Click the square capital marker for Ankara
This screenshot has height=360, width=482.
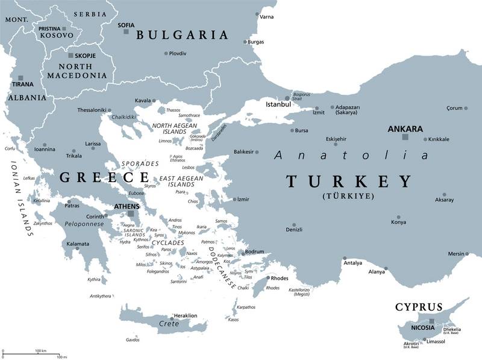tap(405, 137)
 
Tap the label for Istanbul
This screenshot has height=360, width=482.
tap(278, 104)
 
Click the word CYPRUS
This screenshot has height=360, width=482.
tap(419, 306)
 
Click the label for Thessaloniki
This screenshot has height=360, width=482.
tap(92, 110)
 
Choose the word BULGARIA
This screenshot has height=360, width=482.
tap(182, 35)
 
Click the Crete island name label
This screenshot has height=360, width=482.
tap(169, 324)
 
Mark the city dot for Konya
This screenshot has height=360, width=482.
tap(398, 217)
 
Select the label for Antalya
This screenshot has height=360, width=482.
tap(352, 263)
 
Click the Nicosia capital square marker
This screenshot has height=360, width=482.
tap(431, 321)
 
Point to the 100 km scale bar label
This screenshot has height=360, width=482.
tap(41, 350)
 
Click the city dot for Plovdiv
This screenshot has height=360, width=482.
tap(166, 53)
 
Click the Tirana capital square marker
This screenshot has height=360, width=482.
tap(21, 78)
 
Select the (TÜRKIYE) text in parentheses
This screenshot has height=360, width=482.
tap(348, 196)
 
